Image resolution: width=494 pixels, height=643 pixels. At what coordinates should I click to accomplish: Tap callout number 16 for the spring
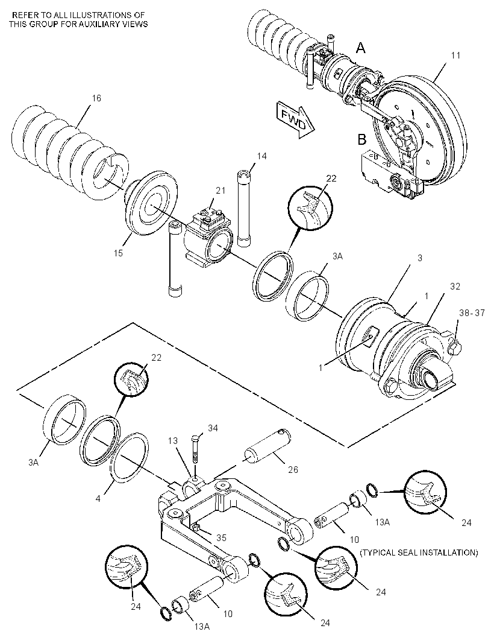[96, 98]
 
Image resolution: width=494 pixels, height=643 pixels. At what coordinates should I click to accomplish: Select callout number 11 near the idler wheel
[456, 55]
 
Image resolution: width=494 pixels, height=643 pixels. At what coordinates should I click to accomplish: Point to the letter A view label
[361, 48]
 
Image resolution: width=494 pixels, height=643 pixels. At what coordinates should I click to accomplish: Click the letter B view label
[361, 139]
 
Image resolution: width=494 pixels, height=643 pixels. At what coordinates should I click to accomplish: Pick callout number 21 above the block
[220, 190]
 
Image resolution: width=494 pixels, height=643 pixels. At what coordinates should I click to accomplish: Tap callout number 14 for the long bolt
[261, 156]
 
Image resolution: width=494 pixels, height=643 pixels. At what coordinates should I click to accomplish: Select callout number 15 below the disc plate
[118, 253]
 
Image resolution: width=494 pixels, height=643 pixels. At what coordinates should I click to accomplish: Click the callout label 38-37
[472, 313]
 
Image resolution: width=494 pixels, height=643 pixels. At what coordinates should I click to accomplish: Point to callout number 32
[455, 287]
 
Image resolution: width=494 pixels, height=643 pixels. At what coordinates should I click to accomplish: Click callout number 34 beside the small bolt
[213, 428]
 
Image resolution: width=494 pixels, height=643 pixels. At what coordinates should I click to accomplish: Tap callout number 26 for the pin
[293, 469]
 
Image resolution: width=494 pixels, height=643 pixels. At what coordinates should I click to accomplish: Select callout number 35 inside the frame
[220, 537]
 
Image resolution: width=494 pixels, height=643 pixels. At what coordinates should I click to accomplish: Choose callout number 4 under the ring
[98, 499]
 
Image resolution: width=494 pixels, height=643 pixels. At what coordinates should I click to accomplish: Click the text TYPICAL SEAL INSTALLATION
[419, 553]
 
